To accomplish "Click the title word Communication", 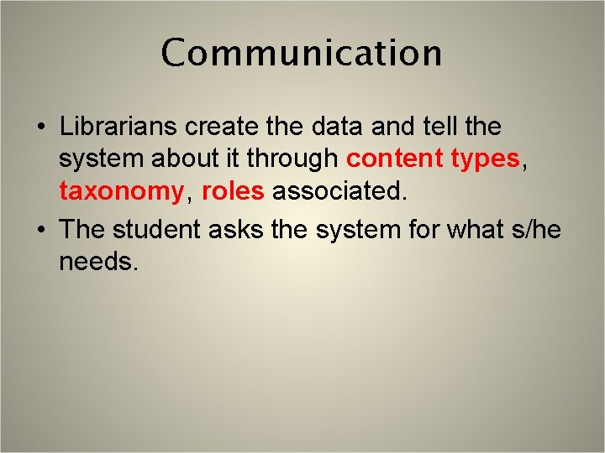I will coord(302,53).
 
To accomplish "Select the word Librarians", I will coord(118,127).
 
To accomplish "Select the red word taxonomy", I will coord(120,192).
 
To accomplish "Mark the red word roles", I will coord(234,192).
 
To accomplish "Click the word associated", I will coord(339,192).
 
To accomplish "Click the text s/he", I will coord(536,228).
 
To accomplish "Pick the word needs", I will coord(97,262).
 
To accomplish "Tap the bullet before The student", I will coord(40,230).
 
